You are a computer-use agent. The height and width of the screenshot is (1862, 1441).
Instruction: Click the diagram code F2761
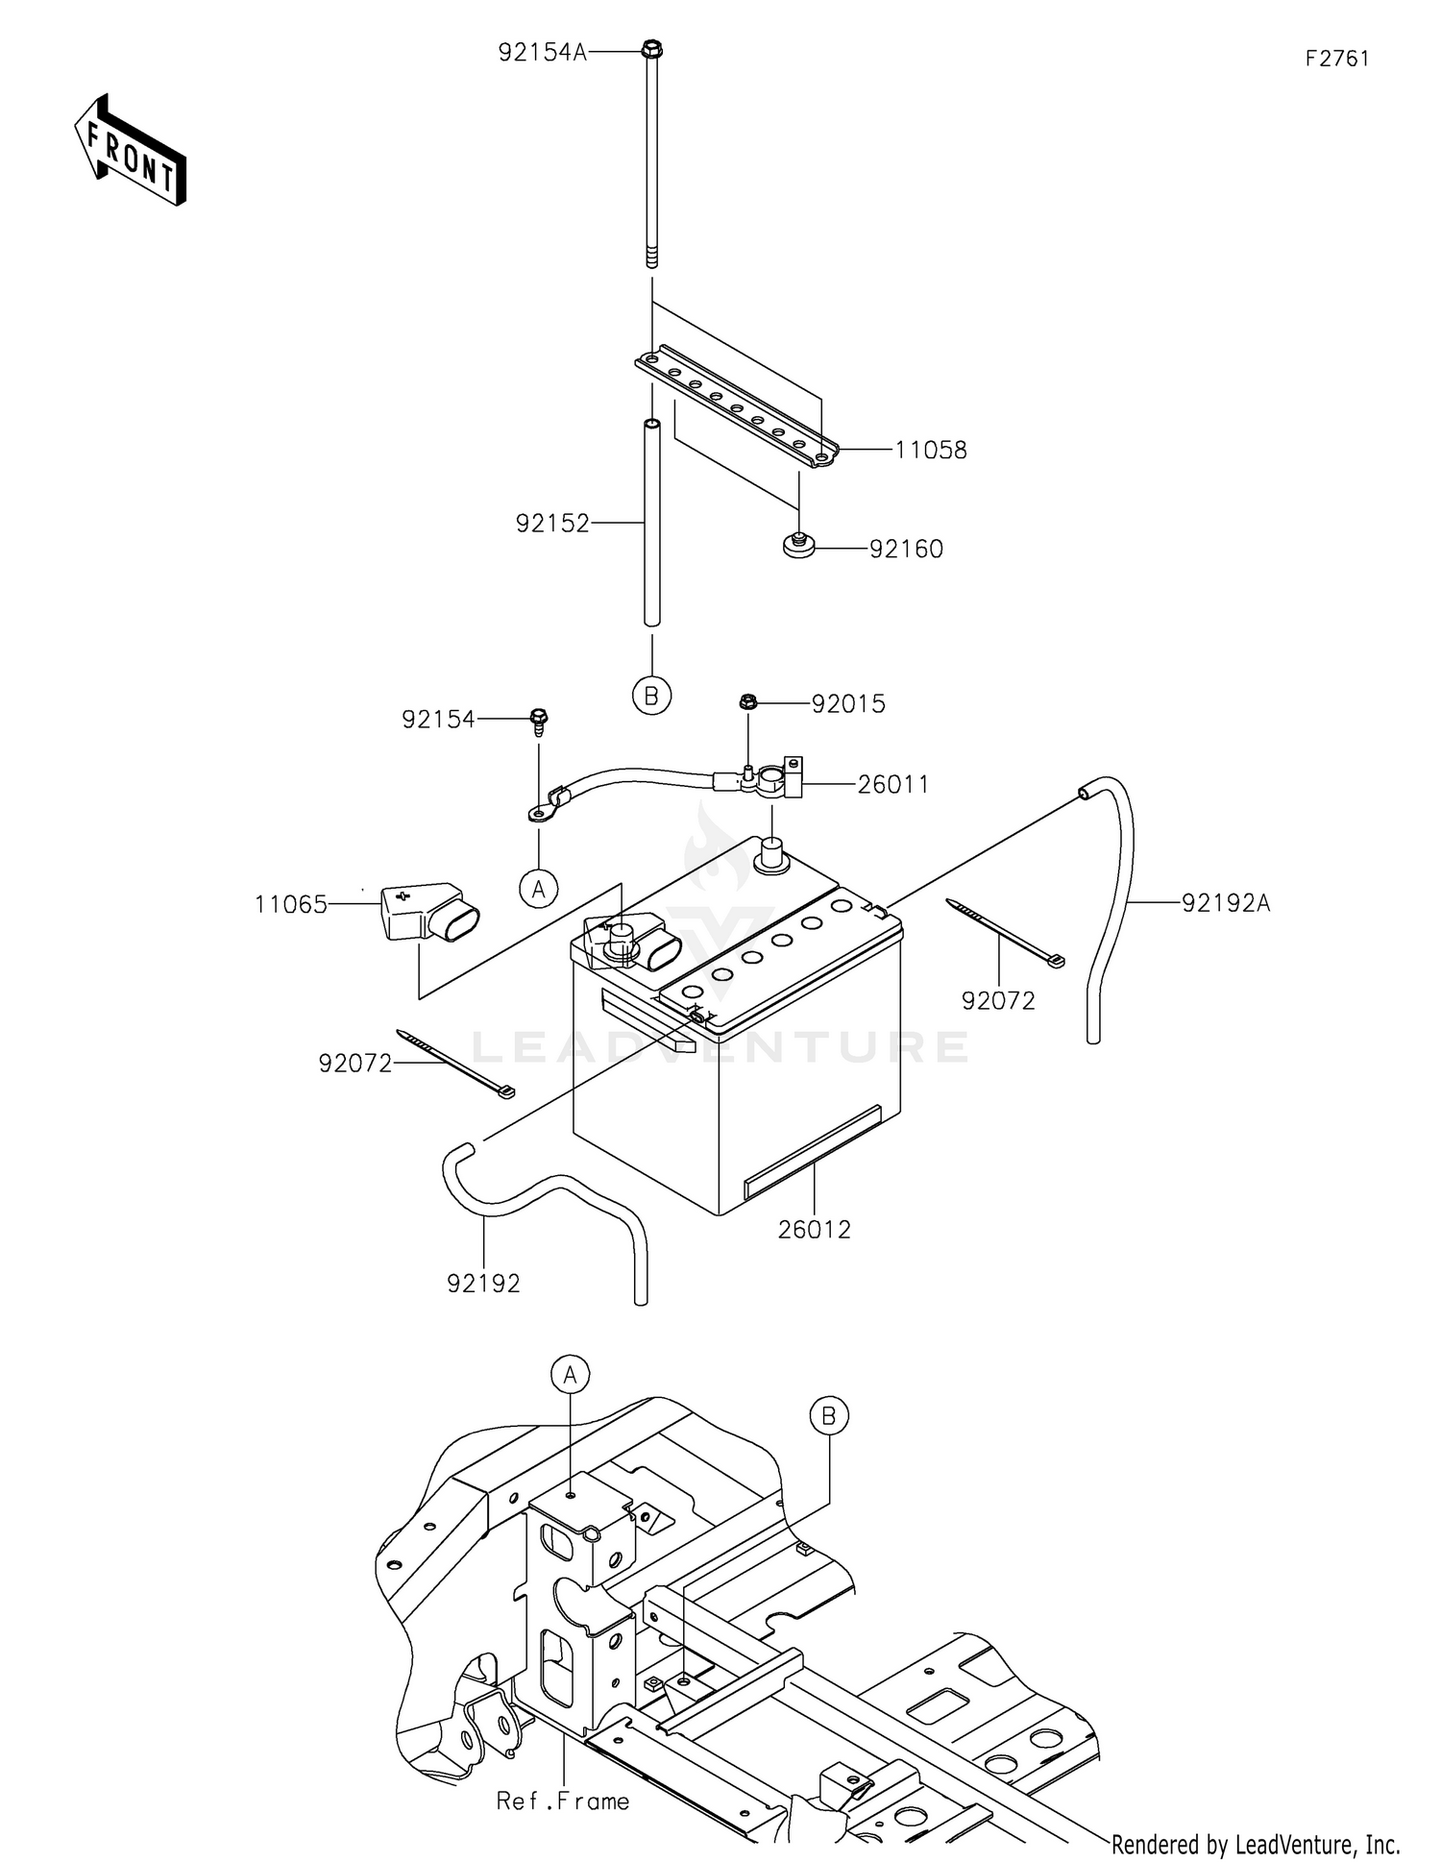click(1337, 59)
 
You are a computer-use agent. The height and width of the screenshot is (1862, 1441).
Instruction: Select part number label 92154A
click(542, 52)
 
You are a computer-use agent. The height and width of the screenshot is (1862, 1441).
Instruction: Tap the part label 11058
click(931, 450)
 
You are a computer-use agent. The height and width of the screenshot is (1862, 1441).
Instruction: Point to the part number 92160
click(906, 549)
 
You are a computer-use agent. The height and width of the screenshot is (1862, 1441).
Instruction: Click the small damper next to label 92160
click(796, 546)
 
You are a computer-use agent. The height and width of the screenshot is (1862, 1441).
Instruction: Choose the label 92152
click(552, 524)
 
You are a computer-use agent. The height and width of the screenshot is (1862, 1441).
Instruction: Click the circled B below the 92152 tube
click(651, 696)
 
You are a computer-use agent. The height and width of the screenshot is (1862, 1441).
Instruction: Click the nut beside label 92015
click(748, 702)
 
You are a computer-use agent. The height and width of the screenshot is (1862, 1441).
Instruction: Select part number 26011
click(893, 785)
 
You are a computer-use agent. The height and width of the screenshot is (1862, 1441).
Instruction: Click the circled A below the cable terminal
click(539, 889)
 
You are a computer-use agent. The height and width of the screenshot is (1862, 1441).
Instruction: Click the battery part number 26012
click(815, 1229)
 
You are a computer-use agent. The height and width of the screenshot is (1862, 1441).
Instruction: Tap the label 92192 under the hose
click(483, 1283)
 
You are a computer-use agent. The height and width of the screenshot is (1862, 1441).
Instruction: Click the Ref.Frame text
click(563, 1801)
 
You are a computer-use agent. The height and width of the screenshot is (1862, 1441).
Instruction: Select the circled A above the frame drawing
click(571, 1374)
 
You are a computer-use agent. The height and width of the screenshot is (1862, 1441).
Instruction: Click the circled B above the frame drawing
click(829, 1415)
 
